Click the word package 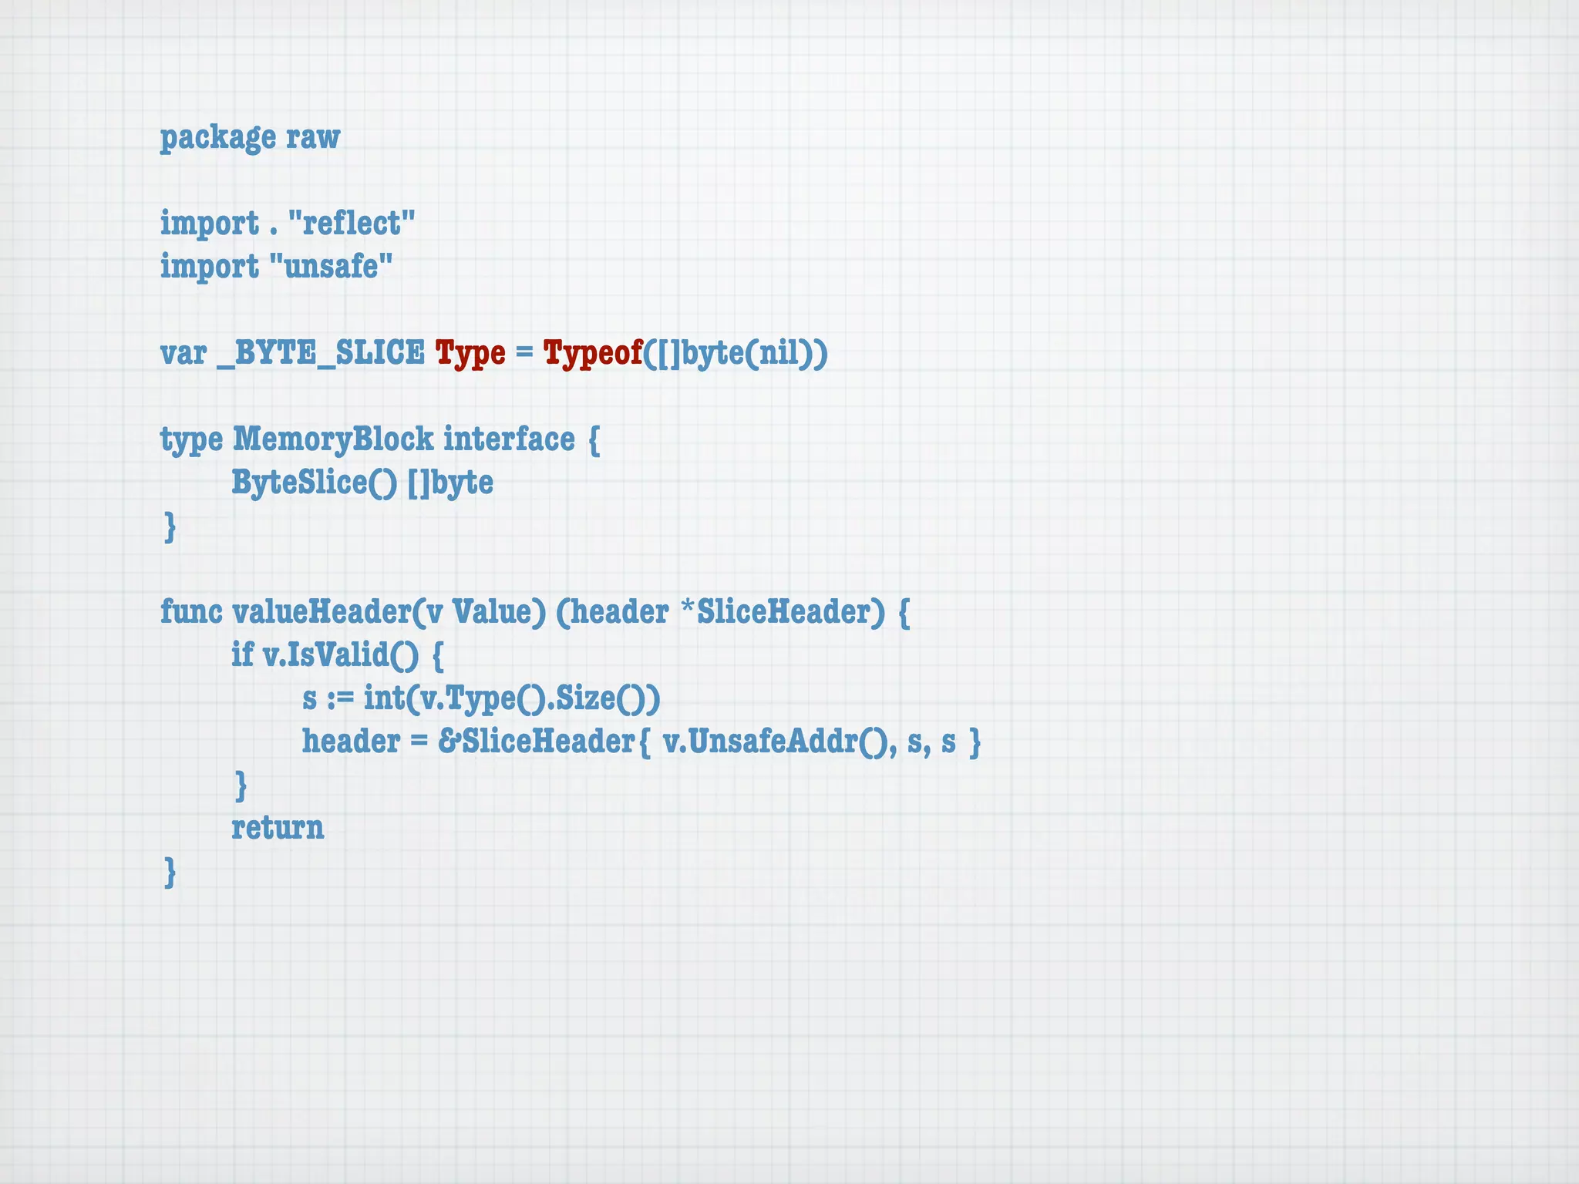click(x=217, y=138)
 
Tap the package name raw click(x=313, y=138)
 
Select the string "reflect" click(x=352, y=224)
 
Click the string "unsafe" click(x=332, y=267)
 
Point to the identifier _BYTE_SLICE click(x=321, y=353)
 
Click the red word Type click(x=470, y=353)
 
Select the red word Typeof click(x=593, y=353)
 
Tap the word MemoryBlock click(x=333, y=439)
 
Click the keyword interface click(x=509, y=439)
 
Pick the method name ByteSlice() click(x=315, y=483)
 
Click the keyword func click(x=191, y=612)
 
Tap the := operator click(x=340, y=698)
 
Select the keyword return click(x=278, y=828)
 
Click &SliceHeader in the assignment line click(x=537, y=742)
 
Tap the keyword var click(x=183, y=353)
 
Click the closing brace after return click(x=170, y=872)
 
